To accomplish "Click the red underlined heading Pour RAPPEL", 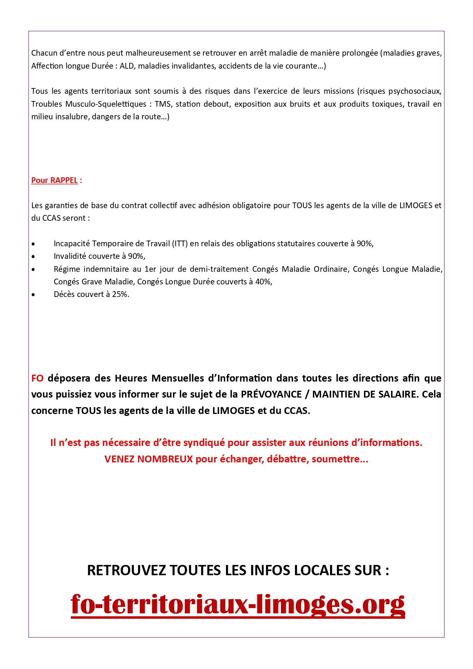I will [x=54, y=180].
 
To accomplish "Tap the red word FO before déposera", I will [x=37, y=378].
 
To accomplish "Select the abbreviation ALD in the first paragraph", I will [x=127, y=66].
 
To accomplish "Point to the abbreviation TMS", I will [x=162, y=104].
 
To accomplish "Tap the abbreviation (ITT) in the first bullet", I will [x=180, y=244].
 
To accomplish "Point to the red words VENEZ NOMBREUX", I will [x=149, y=459].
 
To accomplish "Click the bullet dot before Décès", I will [x=34, y=295].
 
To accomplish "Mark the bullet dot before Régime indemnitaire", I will [x=34, y=270].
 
